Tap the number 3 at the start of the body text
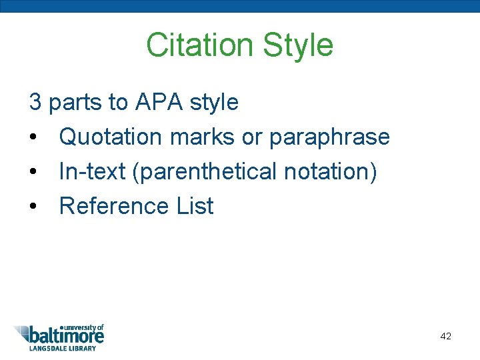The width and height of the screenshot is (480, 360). pyautogui.click(x=35, y=102)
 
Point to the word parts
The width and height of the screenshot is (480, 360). pyautogui.click(x=78, y=103)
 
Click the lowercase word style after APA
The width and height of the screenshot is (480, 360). pyautogui.click(x=214, y=102)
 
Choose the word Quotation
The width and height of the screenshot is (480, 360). pyautogui.click(x=111, y=137)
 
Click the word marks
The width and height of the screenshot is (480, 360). pyautogui.click(x=202, y=137)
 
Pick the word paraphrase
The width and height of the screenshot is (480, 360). pyautogui.click(x=329, y=137)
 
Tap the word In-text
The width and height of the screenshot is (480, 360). pyautogui.click(x=93, y=171)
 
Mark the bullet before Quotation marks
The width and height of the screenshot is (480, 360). pyautogui.click(x=33, y=137)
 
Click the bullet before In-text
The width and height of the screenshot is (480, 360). pyautogui.click(x=33, y=172)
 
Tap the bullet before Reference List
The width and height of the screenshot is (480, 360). pyautogui.click(x=33, y=207)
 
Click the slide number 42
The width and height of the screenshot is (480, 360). pyautogui.click(x=446, y=336)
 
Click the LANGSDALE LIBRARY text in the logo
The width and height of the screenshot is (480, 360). pyautogui.click(x=62, y=348)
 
